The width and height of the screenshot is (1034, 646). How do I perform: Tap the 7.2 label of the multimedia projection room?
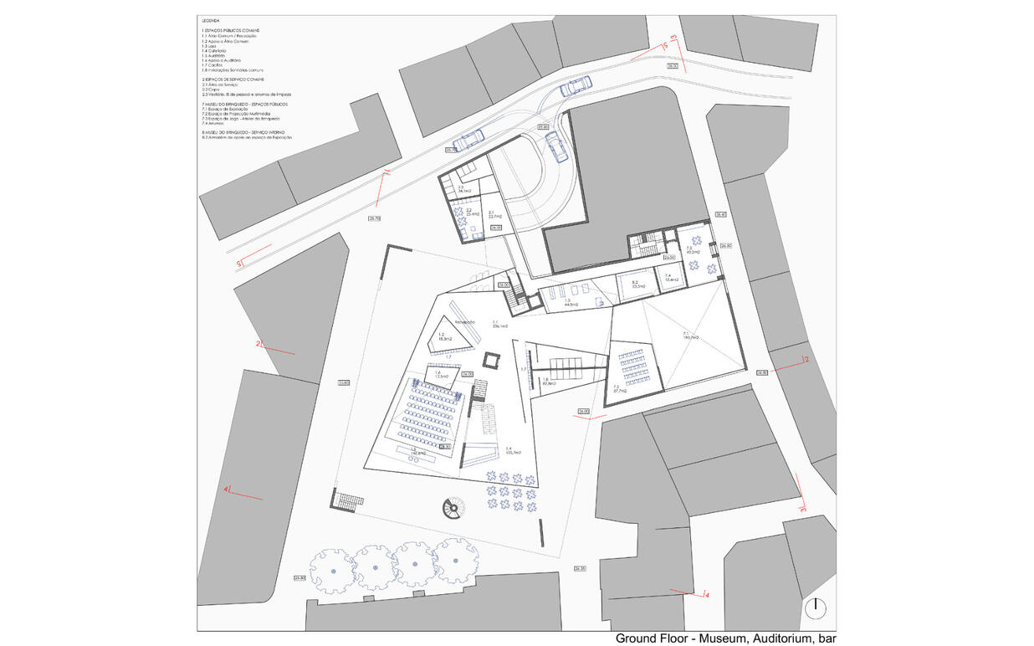pyautogui.click(x=620, y=387)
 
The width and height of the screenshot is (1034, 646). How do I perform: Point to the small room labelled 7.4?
pyautogui.click(x=668, y=278)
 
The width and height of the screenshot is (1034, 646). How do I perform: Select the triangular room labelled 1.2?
pyautogui.click(x=444, y=336)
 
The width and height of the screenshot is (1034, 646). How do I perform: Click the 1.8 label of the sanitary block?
pyautogui.click(x=545, y=382)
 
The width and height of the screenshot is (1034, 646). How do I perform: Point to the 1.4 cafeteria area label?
pyautogui.click(x=509, y=451)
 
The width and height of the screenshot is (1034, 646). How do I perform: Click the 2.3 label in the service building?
pyautogui.click(x=463, y=190)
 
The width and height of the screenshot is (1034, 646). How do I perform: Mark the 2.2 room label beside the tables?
pyautogui.click(x=472, y=212)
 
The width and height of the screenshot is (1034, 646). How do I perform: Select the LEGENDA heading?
pyautogui.click(x=211, y=20)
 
